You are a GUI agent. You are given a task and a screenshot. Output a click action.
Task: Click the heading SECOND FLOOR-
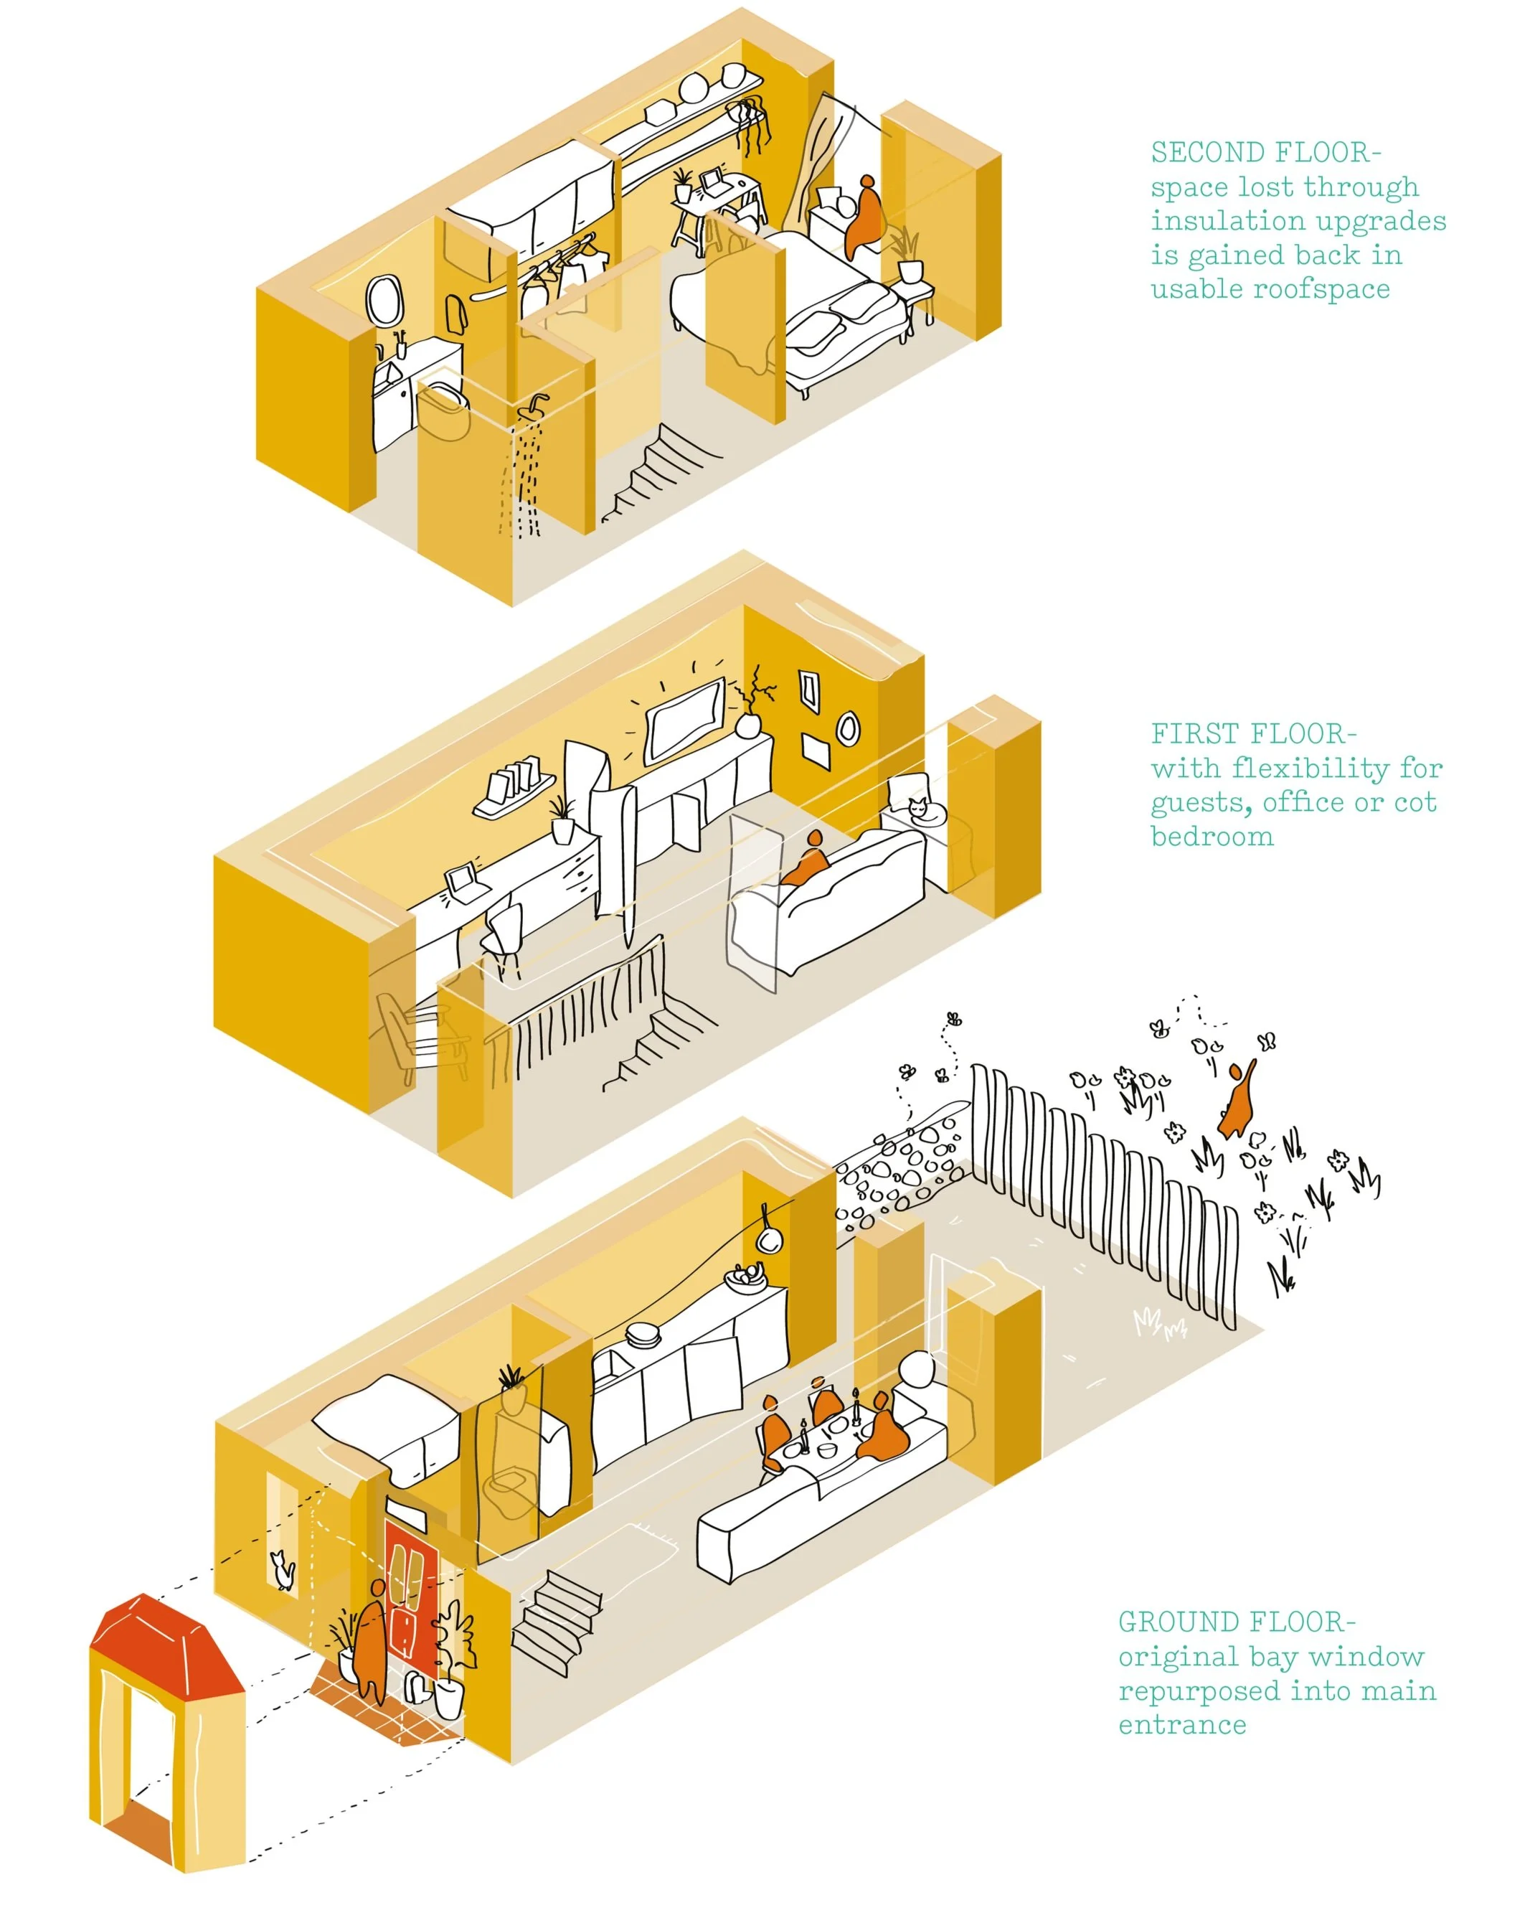coord(1265,153)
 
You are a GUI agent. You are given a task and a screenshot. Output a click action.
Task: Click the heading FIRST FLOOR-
coord(1253,734)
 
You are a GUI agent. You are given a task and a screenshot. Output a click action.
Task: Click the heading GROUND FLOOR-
coord(1236,1622)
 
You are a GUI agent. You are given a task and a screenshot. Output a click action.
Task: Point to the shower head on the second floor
coord(534,405)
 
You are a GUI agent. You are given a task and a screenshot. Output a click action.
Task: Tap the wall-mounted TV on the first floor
coord(683,719)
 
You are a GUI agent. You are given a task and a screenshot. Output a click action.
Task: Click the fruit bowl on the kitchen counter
coord(745,1277)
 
